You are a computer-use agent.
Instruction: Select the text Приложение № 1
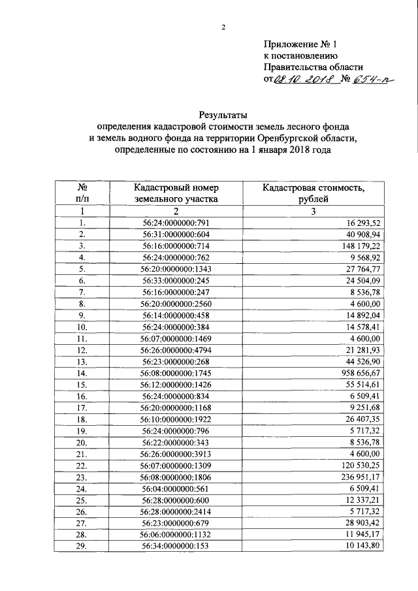301,44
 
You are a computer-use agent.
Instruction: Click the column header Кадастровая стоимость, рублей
313,194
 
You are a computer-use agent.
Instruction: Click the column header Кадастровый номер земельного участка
175,194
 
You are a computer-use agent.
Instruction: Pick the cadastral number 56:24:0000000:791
175,223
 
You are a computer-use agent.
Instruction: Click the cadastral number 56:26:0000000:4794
175,351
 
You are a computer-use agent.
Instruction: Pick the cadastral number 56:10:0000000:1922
175,418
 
